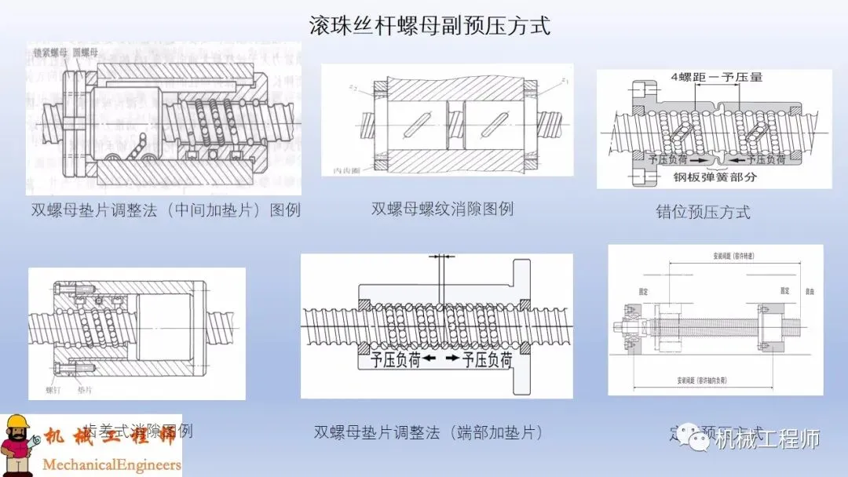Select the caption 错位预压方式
pos(703,212)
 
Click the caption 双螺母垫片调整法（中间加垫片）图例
pos(166,210)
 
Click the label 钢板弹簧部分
pos(715,177)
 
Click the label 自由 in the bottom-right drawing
pos(810,290)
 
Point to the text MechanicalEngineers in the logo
pos(111,464)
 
